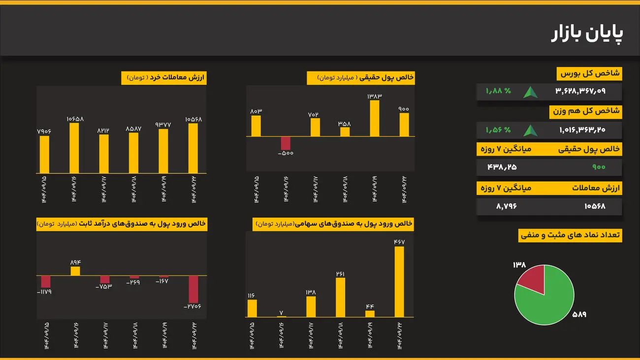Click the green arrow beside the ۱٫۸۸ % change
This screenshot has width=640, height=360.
[530, 92]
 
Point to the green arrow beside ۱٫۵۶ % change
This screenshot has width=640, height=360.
[530, 131]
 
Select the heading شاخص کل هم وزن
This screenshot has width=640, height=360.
[586, 112]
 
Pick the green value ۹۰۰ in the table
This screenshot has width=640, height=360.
[599, 167]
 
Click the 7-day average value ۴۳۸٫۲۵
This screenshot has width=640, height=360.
[502, 167]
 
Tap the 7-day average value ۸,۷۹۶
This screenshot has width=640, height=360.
[506, 206]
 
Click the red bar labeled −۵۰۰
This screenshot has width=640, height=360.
[286, 143]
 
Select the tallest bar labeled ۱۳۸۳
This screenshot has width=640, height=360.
[375, 118]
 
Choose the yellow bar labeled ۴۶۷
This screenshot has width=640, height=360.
[399, 282]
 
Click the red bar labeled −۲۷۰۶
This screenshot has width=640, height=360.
[193, 289]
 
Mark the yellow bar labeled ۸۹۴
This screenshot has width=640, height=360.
[75, 271]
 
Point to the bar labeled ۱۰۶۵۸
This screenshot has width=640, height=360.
[74, 148]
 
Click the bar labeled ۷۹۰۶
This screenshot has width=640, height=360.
[44, 154]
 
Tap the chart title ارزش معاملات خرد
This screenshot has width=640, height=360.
[164, 78]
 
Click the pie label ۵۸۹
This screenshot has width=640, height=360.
[579, 314]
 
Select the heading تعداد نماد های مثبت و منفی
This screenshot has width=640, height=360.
[571, 235]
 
